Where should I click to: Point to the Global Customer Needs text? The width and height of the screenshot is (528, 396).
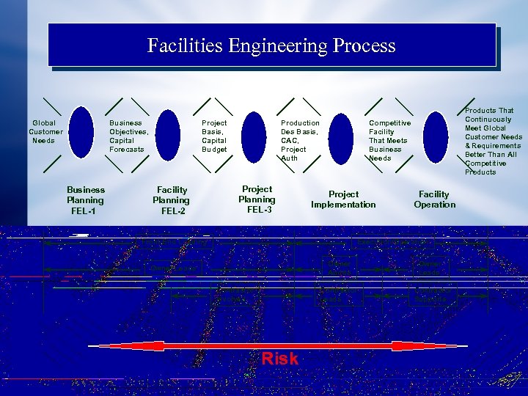[x=45, y=132]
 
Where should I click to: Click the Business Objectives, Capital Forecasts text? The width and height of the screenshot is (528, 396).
[x=129, y=136]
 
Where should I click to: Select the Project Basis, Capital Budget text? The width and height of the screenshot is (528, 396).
[x=215, y=136]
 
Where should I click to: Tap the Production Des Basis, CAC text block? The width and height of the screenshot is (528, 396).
[x=300, y=141]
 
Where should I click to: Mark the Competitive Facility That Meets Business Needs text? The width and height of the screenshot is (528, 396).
[x=389, y=141]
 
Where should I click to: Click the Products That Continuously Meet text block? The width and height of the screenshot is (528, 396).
[x=494, y=142]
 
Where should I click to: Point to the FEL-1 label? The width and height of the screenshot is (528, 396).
[x=85, y=211]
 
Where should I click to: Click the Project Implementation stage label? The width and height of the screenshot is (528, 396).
[x=343, y=199]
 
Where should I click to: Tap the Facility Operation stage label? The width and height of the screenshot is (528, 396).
[x=434, y=199]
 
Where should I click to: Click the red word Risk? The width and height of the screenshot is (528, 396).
[x=280, y=359]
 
